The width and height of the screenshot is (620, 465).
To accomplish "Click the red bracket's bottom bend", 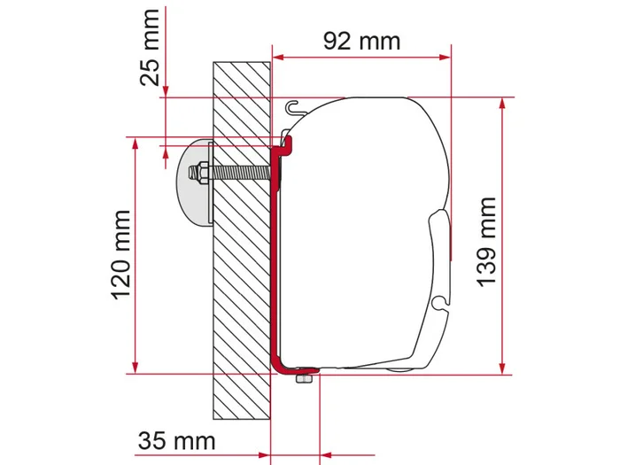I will coord(280,363).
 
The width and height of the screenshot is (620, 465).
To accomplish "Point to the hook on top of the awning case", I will coord(292,107).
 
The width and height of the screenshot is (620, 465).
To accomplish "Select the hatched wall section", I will coord(241,266).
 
